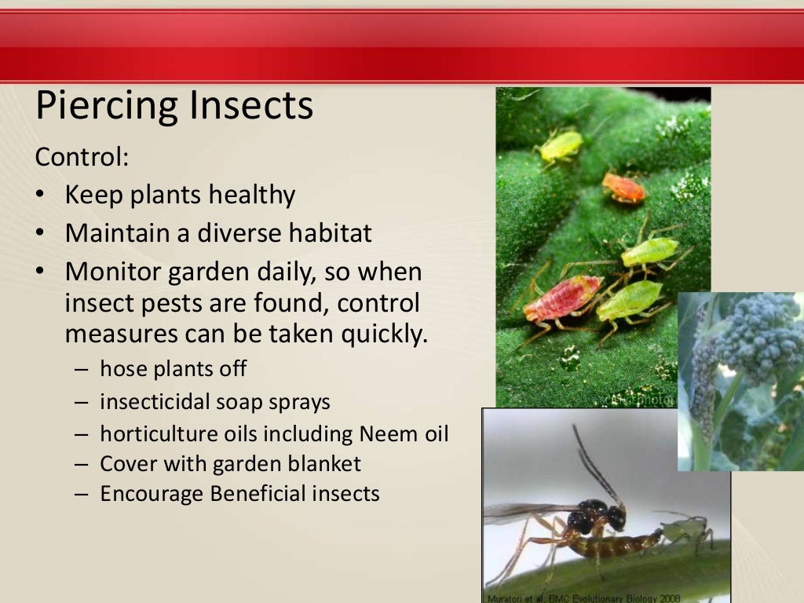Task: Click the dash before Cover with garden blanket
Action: (82, 465)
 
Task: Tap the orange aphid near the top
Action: (623, 188)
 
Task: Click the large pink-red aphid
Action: (562, 298)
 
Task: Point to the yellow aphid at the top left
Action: (561, 145)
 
